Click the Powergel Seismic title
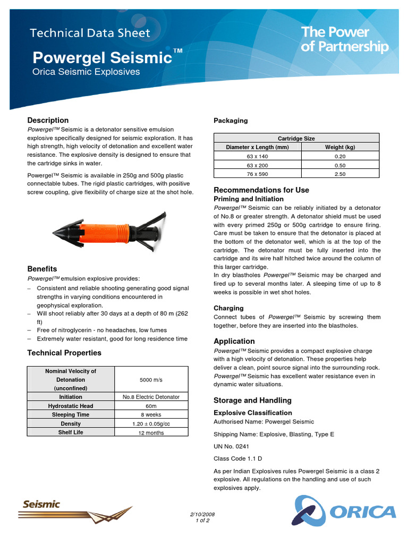click(103, 57)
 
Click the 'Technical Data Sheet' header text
click(90, 33)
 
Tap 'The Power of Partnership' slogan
click(344, 40)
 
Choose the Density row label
click(71, 424)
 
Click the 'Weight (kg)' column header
click(340, 147)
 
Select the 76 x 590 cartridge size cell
click(257, 174)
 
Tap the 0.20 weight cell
click(340, 156)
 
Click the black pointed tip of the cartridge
click(62, 231)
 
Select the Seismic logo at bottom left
click(41, 504)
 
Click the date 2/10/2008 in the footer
click(202, 515)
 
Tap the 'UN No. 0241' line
click(231, 447)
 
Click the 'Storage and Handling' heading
click(252, 401)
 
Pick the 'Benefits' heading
click(42, 269)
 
